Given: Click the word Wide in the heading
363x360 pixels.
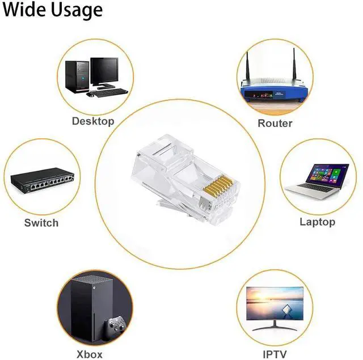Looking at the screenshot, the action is [x=24, y=10].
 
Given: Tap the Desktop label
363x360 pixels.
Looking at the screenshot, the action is [x=93, y=121].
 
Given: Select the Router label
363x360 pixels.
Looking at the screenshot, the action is [x=275, y=123].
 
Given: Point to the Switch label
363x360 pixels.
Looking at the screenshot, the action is [x=41, y=223].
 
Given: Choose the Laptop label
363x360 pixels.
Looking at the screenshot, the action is [x=317, y=222].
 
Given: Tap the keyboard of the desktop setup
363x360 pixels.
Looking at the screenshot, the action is [x=107, y=92].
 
